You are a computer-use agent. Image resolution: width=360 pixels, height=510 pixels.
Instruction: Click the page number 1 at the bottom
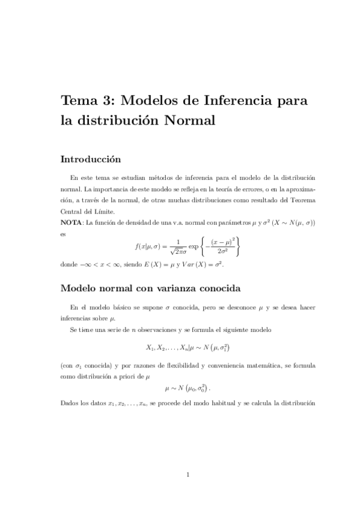pos(188,475)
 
